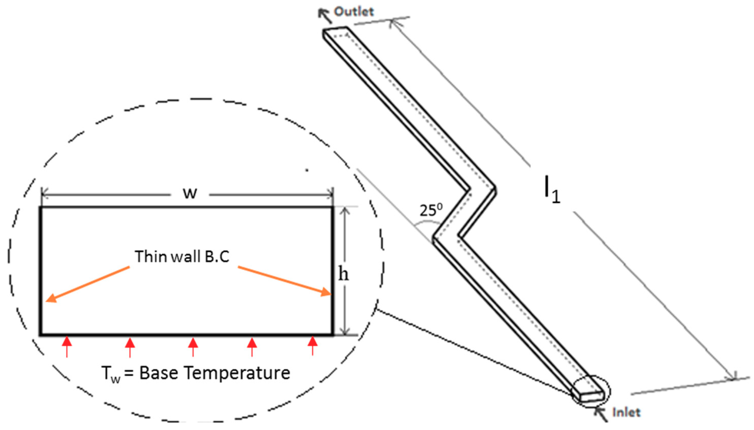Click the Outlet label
[x=354, y=12]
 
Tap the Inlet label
[x=626, y=412]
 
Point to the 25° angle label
[x=431, y=211]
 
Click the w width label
[x=190, y=193]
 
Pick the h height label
[x=343, y=275]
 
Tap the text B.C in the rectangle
[x=217, y=256]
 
